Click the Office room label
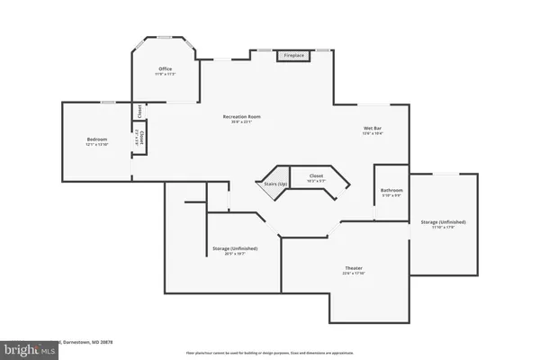click(165, 68)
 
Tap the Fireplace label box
click(294, 56)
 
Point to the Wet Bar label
click(373, 129)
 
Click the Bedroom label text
click(96, 139)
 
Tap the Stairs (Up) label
click(276, 184)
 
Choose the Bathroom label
click(391, 190)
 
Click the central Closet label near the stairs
click(317, 175)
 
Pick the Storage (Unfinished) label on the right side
click(443, 221)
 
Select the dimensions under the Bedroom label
click(96, 145)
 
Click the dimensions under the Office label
click(165, 74)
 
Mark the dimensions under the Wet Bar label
click(373, 134)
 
